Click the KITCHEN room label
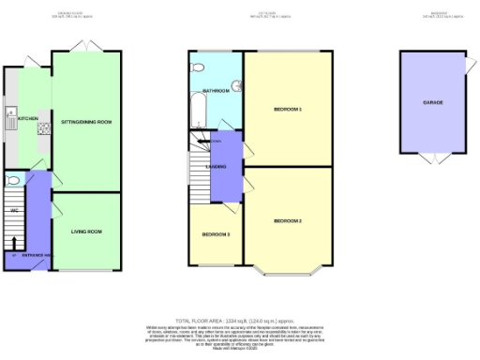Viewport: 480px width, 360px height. pyautogui.click(x=26, y=119)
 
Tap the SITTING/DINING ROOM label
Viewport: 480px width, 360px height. pyautogui.click(x=86, y=122)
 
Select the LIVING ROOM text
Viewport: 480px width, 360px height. pyautogui.click(x=86, y=231)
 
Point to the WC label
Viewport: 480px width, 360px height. pyautogui.click(x=14, y=210)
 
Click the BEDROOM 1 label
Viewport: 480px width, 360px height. pyautogui.click(x=288, y=110)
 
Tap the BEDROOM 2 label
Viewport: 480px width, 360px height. pyautogui.click(x=288, y=220)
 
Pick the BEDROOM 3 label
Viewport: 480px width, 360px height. pyautogui.click(x=217, y=233)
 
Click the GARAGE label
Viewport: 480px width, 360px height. pyautogui.click(x=432, y=101)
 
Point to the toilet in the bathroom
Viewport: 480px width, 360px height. pyautogui.click(x=198, y=67)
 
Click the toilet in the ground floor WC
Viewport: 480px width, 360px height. pyautogui.click(x=11, y=181)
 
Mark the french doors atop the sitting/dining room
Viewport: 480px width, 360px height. pyautogui.click(x=85, y=47)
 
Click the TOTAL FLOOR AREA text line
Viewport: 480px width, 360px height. pyautogui.click(x=239, y=320)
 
